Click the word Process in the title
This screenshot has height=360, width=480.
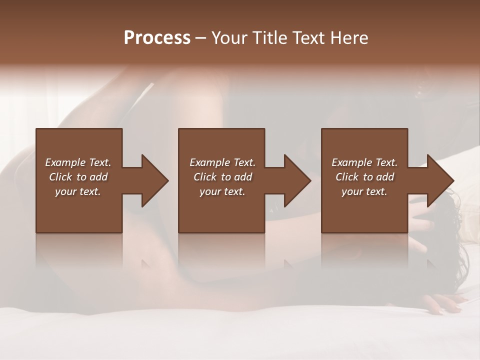(157, 38)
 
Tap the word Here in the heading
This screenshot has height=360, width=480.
(349, 38)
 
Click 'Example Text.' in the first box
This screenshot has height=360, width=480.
(78, 162)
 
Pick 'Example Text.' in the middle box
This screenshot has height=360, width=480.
(222, 162)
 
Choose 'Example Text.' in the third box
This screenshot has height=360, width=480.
(364, 162)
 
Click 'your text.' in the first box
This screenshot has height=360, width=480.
(78, 191)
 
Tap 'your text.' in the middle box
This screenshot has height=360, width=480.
(222, 191)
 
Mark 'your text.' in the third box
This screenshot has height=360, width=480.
(364, 191)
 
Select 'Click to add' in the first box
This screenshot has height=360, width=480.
(78, 177)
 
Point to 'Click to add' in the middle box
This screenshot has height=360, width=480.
(222, 177)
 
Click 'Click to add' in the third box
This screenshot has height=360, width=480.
(364, 177)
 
